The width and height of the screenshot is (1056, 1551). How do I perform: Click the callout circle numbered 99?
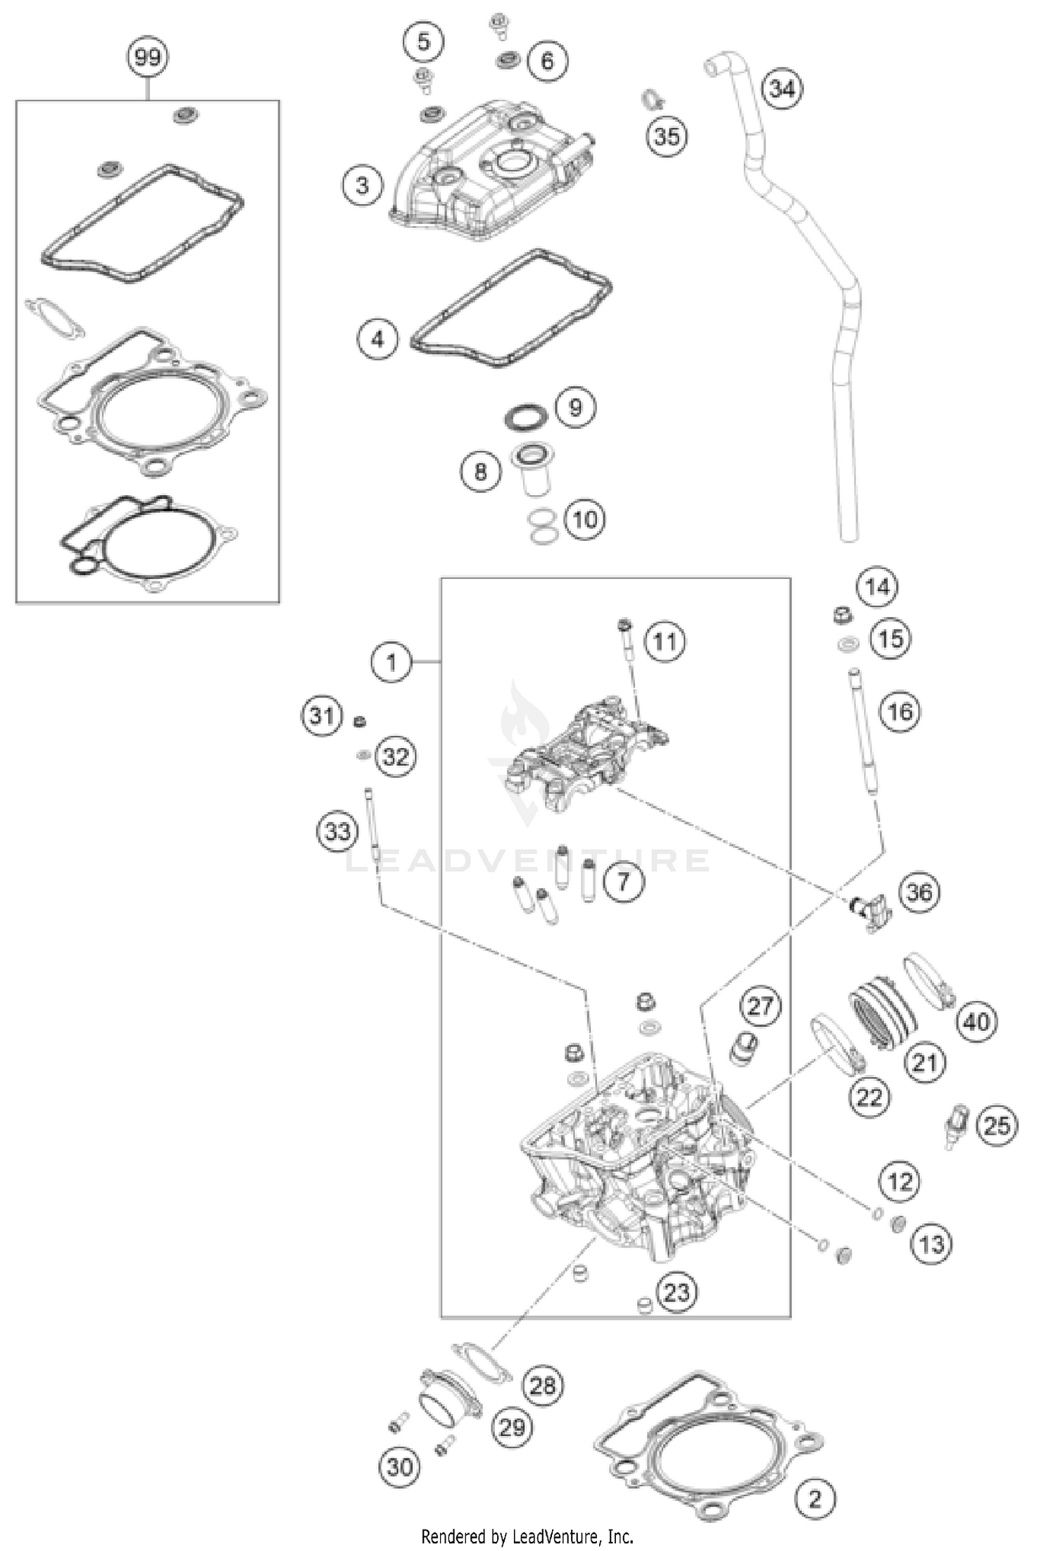pos(147,57)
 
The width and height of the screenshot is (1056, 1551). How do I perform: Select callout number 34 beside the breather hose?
pos(782,89)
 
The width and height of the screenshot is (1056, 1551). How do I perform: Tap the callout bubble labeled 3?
pos(363,186)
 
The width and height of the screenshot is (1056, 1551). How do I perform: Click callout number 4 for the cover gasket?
pos(378,340)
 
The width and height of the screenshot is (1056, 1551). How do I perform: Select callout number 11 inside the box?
pos(665,641)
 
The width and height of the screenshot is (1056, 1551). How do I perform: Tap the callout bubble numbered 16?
pos(900,711)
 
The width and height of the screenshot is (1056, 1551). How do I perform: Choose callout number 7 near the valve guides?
pos(623,880)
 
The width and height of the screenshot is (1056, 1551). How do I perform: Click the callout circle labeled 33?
pos(337,832)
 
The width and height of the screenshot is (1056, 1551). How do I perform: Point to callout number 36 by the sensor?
pos(919,893)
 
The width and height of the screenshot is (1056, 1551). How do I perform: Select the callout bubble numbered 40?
pos(976,1021)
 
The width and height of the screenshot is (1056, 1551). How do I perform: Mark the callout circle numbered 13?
pos(931,1244)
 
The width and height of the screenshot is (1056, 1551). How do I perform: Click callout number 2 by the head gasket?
pos(815,1498)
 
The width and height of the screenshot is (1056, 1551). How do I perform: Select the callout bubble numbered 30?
pos(399,1467)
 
